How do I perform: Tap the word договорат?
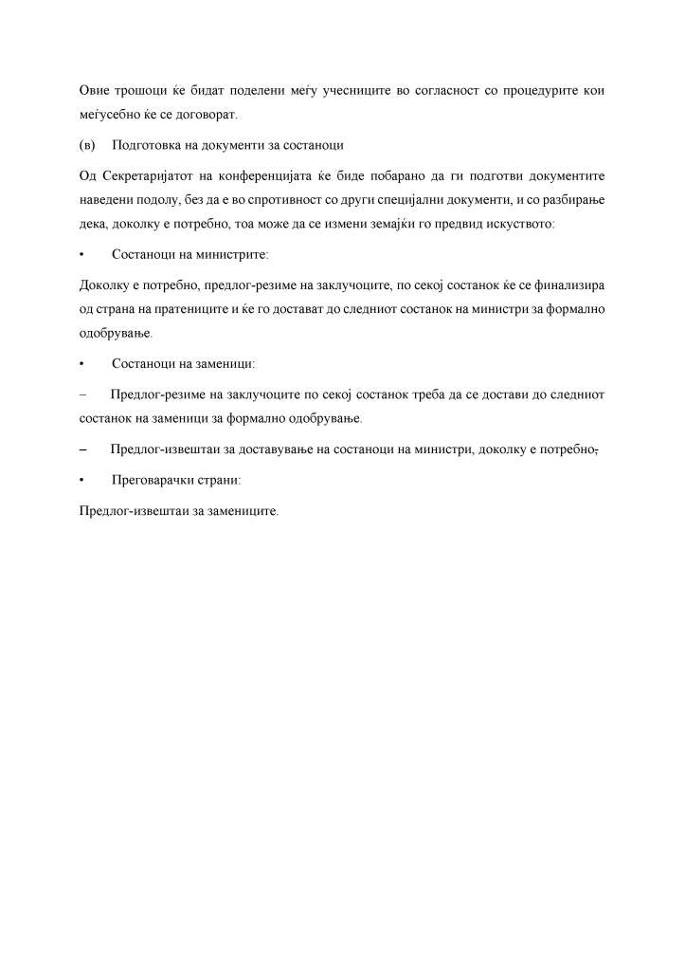tap(207, 116)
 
